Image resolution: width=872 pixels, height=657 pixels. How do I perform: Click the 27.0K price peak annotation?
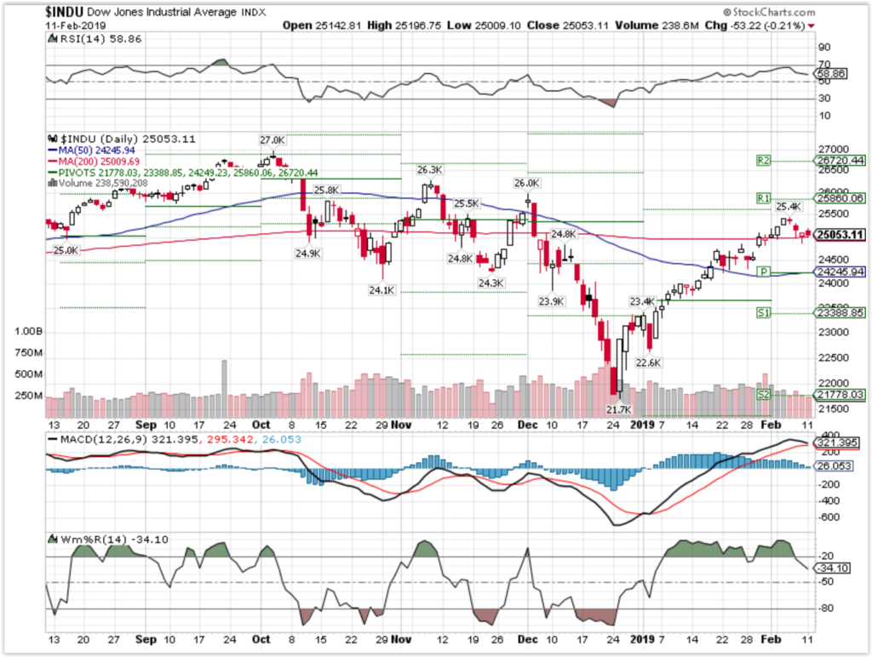272,138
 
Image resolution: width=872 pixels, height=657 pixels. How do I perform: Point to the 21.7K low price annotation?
618,409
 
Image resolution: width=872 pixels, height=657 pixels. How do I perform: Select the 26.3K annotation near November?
429,169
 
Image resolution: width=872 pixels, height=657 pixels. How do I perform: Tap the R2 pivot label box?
764,160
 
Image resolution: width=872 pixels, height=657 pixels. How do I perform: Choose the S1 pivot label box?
764,313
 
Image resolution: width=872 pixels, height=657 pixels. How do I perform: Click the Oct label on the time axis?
261,423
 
